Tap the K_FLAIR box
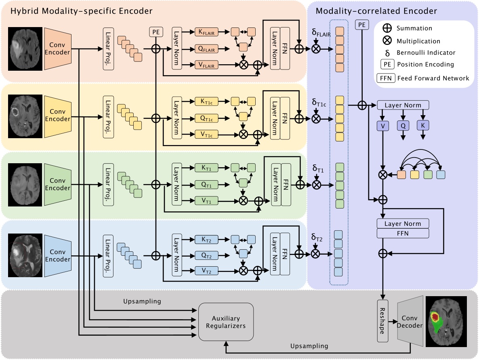click(x=207, y=32)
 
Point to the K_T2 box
click(x=207, y=239)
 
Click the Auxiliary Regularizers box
click(x=226, y=322)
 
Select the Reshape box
click(x=382, y=322)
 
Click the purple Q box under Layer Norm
click(x=403, y=126)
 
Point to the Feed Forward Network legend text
click(x=433, y=78)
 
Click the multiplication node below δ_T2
click(x=316, y=254)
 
